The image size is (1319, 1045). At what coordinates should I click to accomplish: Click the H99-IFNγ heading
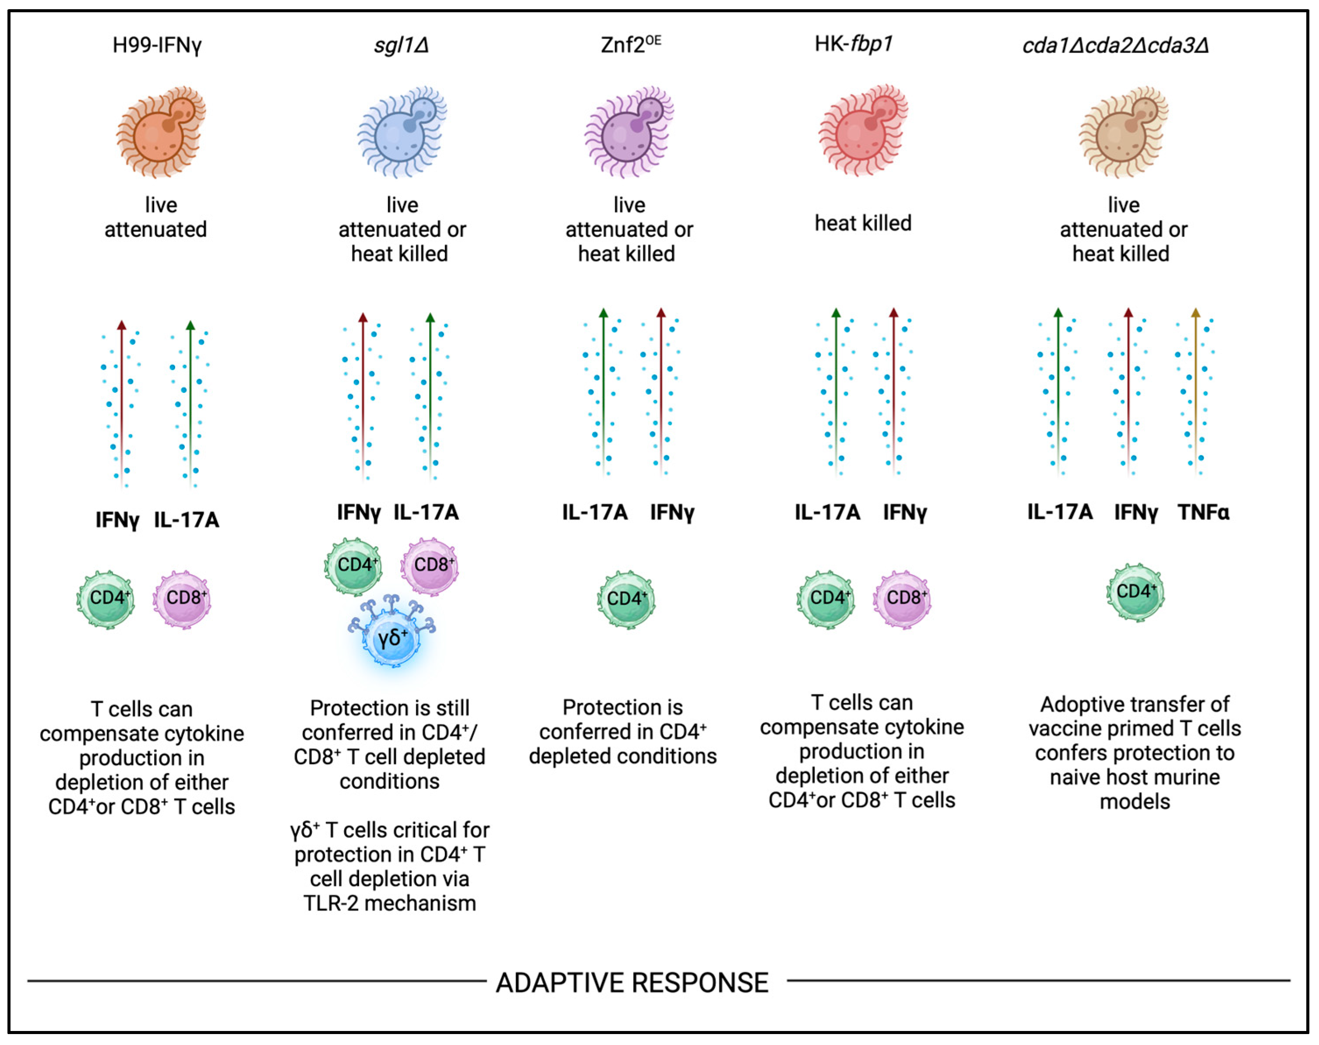[157, 45]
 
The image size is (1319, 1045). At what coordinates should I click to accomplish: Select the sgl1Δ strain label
[401, 45]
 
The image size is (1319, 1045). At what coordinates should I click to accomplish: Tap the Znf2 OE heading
[630, 45]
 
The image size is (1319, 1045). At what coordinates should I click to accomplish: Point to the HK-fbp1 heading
[853, 44]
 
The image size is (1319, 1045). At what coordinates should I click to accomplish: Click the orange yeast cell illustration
[160, 131]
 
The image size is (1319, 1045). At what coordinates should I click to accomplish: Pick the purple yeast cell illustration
[629, 131]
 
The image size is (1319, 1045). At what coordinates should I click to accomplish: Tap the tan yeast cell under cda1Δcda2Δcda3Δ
[1123, 131]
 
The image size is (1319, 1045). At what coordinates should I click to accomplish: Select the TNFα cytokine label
[1203, 512]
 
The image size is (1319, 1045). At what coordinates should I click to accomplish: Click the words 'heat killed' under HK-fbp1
[863, 223]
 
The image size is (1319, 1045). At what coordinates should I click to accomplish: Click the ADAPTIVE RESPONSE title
[631, 983]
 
